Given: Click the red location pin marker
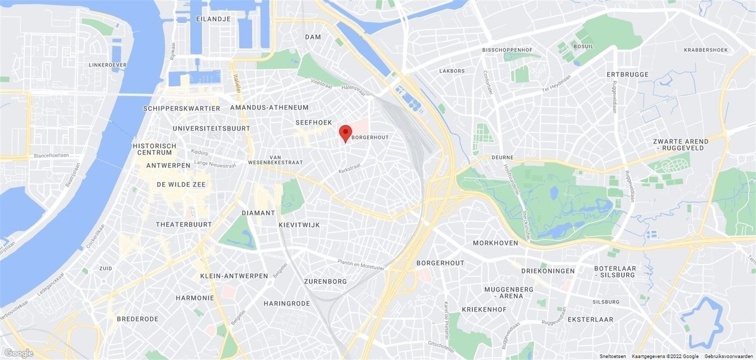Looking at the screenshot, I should point(345,132).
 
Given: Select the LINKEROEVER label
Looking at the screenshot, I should point(107,65).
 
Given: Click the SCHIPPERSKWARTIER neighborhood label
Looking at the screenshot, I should point(182,108).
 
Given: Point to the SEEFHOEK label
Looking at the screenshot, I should point(314,122).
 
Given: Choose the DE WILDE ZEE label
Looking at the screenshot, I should point(181,184).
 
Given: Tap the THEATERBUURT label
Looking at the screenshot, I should point(184,225).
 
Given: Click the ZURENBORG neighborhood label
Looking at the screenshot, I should point(325,281).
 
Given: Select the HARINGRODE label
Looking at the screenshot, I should point(287,303).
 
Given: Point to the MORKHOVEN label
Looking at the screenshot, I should point(495,243).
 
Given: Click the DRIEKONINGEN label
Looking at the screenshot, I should point(548,271).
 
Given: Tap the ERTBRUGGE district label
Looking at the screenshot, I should point(627,74).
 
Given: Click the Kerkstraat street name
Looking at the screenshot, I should point(350,169).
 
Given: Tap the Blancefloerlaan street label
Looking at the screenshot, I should point(51,155).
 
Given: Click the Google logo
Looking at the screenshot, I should point(19,353).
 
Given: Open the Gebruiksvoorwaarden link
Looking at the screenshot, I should point(729,356).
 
